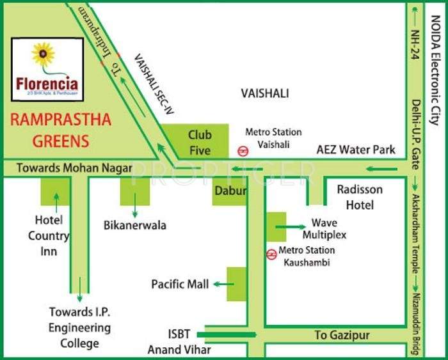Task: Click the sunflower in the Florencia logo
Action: [44, 55]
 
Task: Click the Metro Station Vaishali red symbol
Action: [243, 152]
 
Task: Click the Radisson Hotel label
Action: [359, 197]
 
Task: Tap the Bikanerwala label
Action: [135, 225]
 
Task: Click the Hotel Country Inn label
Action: [49, 235]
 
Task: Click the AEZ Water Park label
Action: [356, 150]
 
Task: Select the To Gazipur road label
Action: [342, 335]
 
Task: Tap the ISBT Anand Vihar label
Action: [179, 342]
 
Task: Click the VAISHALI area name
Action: [265, 93]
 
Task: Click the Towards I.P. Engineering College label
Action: [80, 327]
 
